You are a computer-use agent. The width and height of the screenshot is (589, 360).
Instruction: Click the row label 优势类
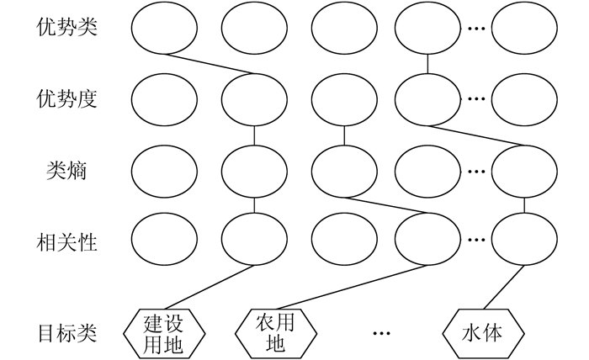67,27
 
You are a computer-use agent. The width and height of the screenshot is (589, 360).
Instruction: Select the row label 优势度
67,98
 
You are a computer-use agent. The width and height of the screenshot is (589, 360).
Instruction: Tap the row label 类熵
67,171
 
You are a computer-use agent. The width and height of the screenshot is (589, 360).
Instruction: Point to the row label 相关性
67,244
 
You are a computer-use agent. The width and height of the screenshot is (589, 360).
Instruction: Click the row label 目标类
67,332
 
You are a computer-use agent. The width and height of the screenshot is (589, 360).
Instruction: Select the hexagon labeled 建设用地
164,332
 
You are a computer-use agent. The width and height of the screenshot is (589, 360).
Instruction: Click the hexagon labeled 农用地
276,332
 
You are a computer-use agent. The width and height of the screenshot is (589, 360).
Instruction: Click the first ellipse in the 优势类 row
164,27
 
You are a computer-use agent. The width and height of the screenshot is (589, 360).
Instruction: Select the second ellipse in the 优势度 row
253,98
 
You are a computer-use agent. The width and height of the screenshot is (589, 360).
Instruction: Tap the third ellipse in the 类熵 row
343,171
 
